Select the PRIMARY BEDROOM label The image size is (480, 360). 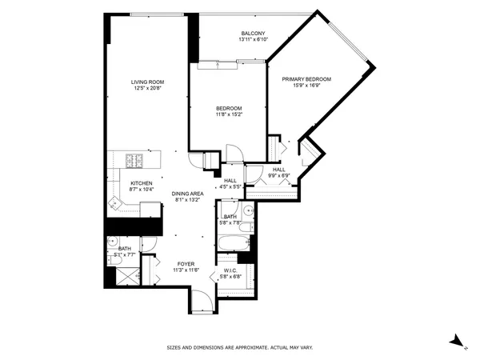click(x=306, y=79)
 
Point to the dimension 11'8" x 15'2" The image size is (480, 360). click(x=229, y=114)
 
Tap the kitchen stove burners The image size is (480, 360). click(x=134, y=160)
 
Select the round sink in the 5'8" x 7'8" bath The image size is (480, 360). click(x=248, y=212)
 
